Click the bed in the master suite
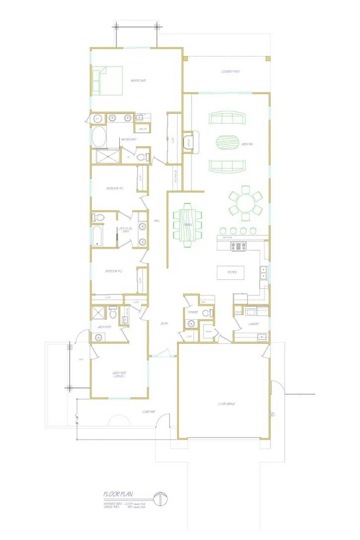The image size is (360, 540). (107, 81)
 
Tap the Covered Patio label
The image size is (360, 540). (230, 72)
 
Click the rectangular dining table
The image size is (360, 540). (188, 225)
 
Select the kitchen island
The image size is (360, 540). (230, 272)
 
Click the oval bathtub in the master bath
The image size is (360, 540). (98, 136)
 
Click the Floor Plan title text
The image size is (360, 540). (118, 494)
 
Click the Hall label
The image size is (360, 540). (156, 221)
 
